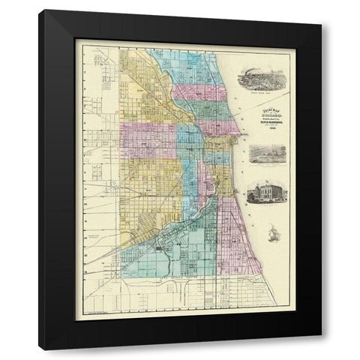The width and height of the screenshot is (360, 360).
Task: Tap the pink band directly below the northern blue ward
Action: (x=201, y=94)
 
